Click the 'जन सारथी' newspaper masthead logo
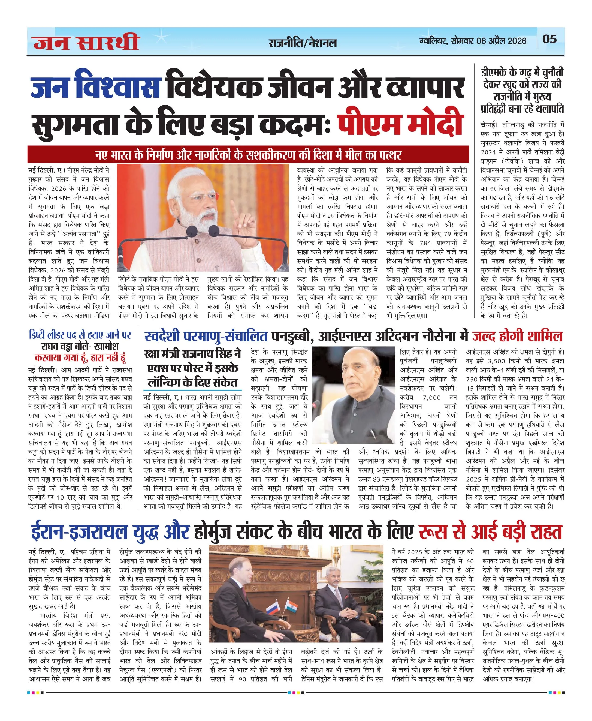[x=86, y=42]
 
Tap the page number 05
[x=549, y=39]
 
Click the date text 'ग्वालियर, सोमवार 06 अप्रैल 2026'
[x=473, y=41]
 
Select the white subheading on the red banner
[x=248, y=155]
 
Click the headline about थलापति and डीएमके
[x=522, y=91]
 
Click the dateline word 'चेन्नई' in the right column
[x=488, y=125]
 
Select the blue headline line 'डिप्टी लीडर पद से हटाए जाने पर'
[x=80, y=335]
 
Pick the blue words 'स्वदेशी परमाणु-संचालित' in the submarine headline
[x=206, y=337]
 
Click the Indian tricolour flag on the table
[x=292, y=606]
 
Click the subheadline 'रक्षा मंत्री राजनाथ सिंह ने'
[x=193, y=354]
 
